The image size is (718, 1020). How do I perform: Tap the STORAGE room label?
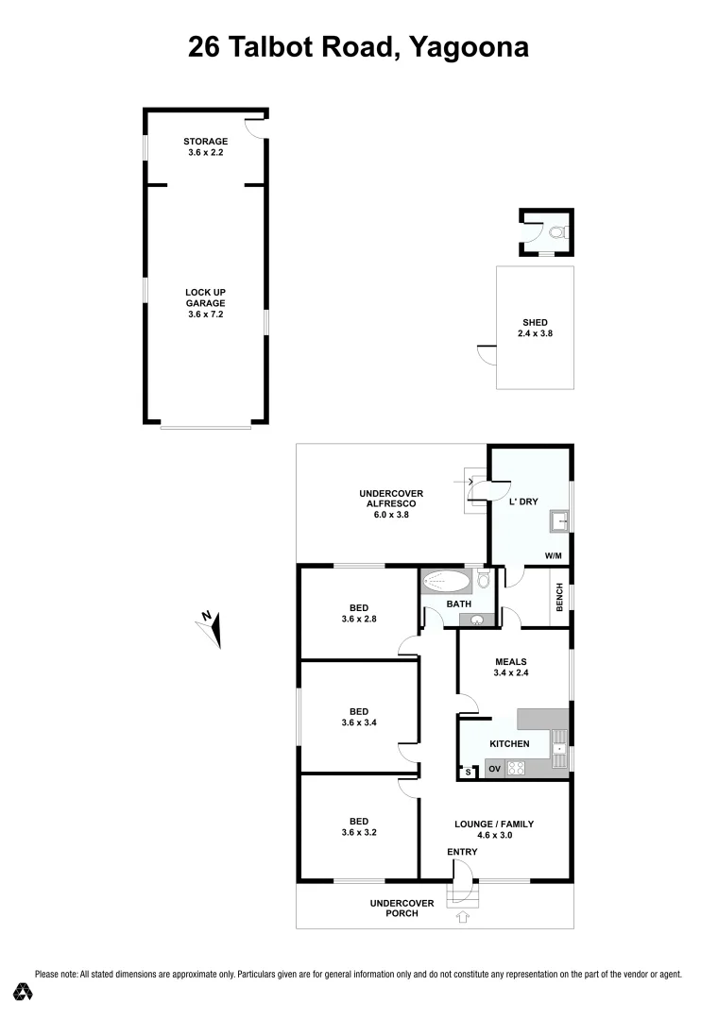tap(205, 146)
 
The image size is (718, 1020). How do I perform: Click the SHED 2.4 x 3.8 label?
tap(535, 328)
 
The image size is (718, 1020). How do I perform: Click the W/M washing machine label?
tap(554, 555)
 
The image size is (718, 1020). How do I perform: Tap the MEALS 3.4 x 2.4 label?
tap(510, 668)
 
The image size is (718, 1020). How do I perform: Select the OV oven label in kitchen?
tap(493, 770)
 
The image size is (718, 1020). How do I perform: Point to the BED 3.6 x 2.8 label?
tap(358, 613)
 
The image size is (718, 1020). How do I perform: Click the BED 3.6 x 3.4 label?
tap(358, 717)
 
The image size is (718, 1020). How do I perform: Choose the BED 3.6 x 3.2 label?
tap(358, 826)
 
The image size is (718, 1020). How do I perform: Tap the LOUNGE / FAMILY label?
tap(494, 829)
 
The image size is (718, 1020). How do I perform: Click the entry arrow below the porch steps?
tap(463, 915)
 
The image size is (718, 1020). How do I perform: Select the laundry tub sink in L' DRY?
tap(558, 519)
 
